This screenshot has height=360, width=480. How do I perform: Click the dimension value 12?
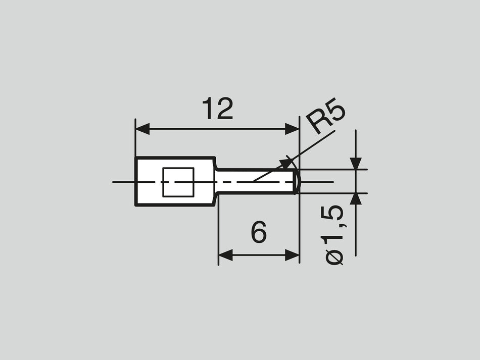217,110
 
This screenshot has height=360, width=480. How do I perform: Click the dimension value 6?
258,233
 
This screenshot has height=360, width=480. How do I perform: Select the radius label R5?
327,119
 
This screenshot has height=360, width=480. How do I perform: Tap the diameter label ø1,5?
335,235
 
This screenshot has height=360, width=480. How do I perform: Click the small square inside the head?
178,182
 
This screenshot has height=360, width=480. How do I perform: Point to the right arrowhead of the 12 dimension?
293,129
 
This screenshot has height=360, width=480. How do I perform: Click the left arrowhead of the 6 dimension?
225,255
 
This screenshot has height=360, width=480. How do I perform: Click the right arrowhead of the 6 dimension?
293,255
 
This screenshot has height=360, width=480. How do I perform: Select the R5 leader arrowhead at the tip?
287,163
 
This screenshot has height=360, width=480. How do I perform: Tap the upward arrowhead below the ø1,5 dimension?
356,198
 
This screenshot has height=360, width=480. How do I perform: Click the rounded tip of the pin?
297,181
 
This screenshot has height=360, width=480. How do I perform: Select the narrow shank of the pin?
255,181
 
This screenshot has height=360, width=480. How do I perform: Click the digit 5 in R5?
335,113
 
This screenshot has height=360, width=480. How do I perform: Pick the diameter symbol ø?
335,257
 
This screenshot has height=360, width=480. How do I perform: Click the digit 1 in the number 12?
207,110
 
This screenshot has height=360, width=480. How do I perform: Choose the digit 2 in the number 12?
224,110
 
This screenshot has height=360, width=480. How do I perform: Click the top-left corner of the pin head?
136,158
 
